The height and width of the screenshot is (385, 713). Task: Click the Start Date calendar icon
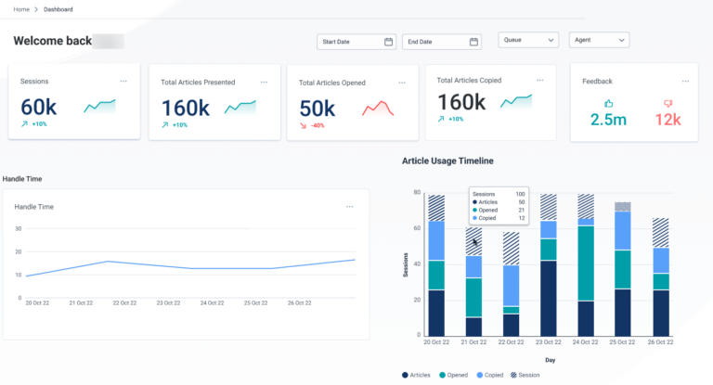coord(388,42)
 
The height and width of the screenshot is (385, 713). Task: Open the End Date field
coord(441,42)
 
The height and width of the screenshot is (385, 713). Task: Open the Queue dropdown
coord(528,40)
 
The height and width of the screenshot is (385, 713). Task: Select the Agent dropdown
coord(598,40)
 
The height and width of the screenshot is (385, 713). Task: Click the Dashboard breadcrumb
coord(58,9)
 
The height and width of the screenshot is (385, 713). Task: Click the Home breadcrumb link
coord(21,9)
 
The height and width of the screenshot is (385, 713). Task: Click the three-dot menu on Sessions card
coord(123,81)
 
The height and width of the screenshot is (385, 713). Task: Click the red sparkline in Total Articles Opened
coord(378,109)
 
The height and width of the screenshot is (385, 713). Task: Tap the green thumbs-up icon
coord(609,104)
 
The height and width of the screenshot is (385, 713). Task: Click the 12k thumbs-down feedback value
coord(667,120)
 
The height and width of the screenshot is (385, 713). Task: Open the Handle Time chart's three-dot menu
coord(350,206)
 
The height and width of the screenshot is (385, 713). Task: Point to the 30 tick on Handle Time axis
coord(18,227)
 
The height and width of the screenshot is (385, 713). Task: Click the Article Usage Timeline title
coord(447,160)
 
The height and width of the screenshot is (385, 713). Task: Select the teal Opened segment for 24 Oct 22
coord(586,263)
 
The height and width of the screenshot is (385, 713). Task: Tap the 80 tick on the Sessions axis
coord(417,193)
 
